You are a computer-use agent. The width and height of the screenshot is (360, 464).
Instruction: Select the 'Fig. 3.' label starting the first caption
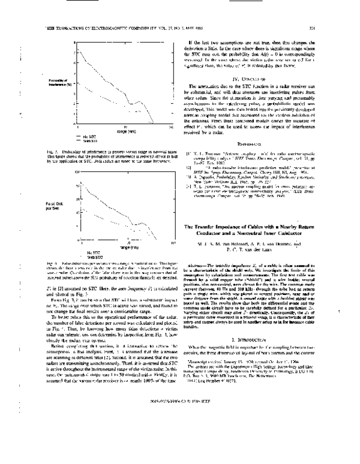52,158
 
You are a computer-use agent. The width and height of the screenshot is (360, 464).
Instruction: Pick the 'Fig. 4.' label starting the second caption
52,263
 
